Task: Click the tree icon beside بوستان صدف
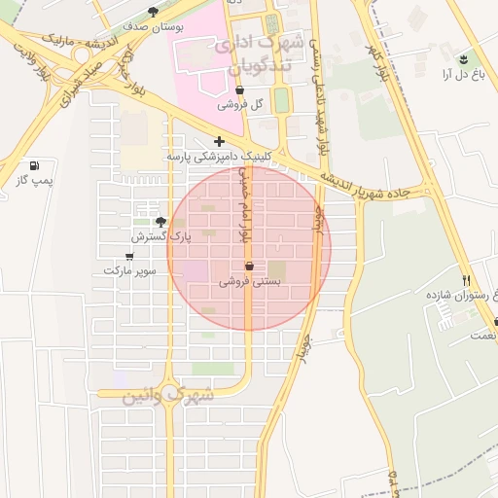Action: coord(154,13)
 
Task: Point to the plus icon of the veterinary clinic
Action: coord(220,141)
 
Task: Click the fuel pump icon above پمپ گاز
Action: coord(36,166)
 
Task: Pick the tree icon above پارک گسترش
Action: coord(161,222)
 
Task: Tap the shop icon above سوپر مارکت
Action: coord(129,256)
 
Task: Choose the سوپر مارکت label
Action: coord(131,269)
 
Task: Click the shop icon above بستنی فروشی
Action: coord(249,266)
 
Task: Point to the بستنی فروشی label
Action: coord(250,280)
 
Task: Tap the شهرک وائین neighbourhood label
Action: coord(167,397)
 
